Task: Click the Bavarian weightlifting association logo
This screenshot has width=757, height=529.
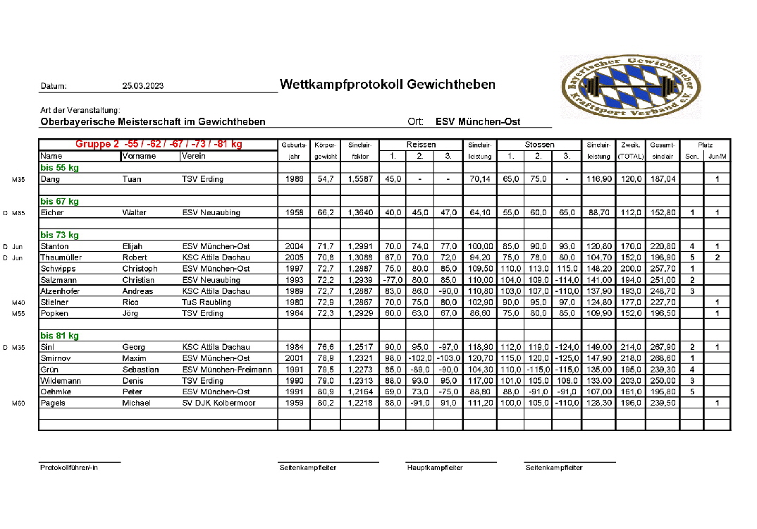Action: (632, 87)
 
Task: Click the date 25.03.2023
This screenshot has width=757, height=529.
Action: (142, 86)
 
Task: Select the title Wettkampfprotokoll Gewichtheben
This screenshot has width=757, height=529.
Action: (387, 85)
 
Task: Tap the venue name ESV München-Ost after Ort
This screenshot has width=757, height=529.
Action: (478, 121)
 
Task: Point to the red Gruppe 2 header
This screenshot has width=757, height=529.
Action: (159, 144)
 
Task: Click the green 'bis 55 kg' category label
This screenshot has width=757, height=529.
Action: (59, 168)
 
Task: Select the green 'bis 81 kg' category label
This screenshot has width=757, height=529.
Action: (59, 336)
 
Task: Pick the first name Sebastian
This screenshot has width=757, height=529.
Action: (141, 370)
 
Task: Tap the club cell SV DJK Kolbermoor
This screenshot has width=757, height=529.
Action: (219, 403)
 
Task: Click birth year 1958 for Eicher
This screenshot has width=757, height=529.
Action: (295, 212)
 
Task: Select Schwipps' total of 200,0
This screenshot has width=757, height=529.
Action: (631, 269)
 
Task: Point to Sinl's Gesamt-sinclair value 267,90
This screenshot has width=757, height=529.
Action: (663, 347)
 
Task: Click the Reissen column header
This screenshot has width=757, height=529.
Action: (421, 145)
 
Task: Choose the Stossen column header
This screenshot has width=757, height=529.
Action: (539, 145)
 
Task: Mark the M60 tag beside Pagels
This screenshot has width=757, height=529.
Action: (18, 403)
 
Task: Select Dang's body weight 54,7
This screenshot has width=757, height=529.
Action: (325, 179)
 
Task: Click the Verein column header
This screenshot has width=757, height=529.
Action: (194, 156)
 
